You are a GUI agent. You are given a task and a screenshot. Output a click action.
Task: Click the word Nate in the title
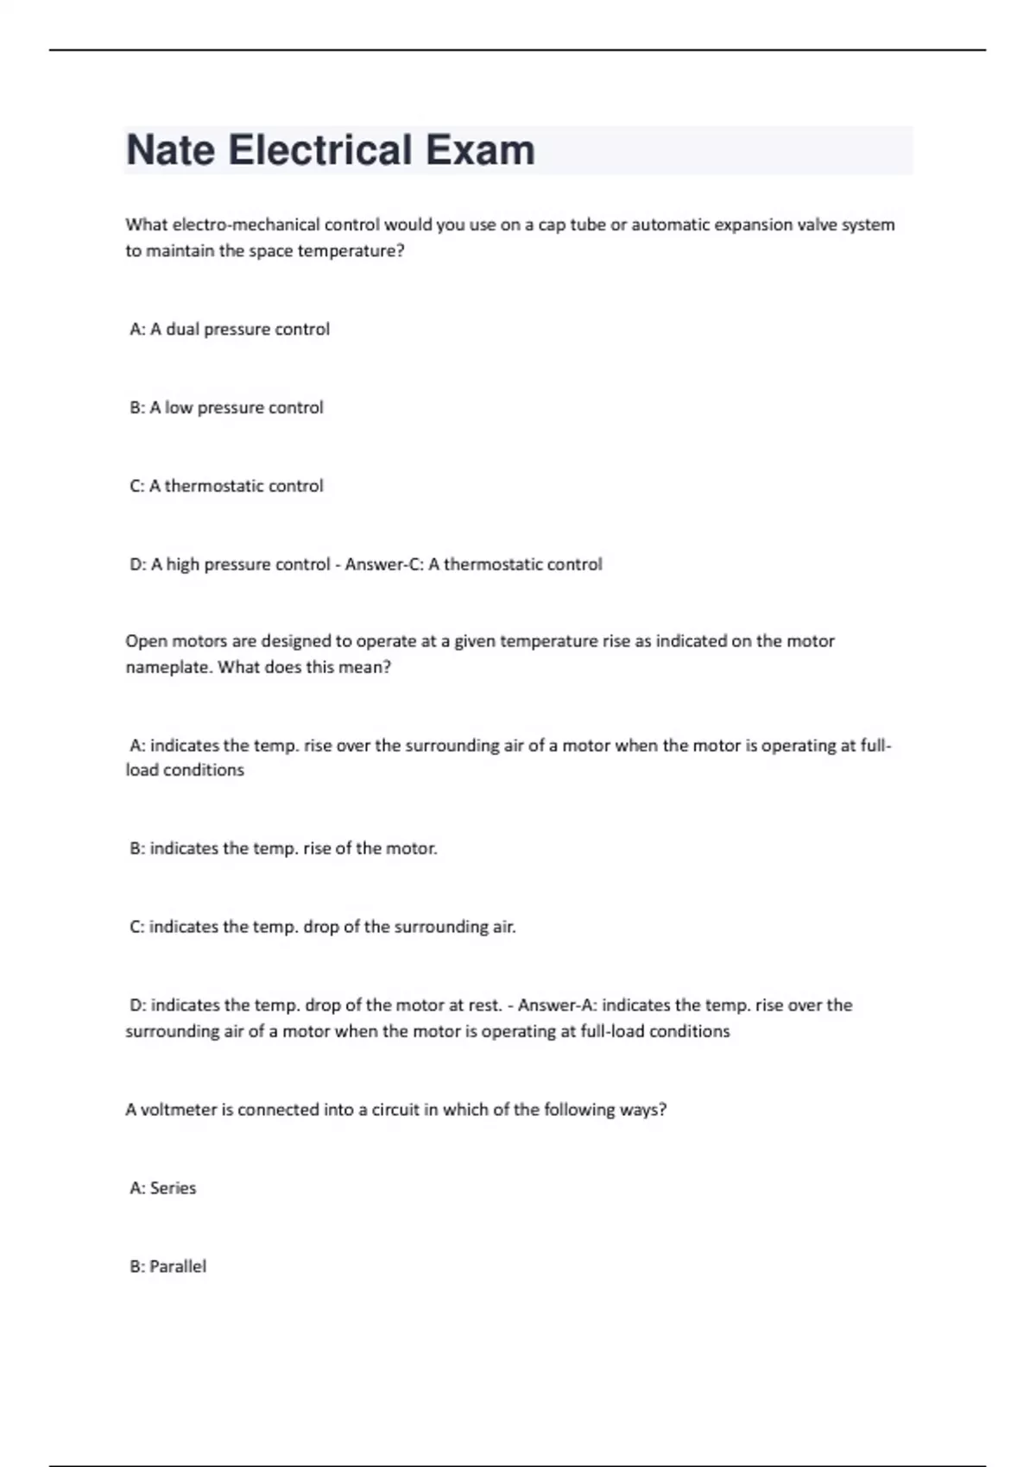click(x=170, y=150)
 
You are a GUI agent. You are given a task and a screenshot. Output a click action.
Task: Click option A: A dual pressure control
click(x=230, y=330)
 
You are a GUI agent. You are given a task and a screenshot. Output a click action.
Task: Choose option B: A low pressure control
click(x=226, y=408)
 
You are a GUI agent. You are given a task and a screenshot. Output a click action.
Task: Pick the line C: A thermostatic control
click(x=226, y=487)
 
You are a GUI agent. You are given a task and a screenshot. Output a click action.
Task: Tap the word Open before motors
click(x=145, y=642)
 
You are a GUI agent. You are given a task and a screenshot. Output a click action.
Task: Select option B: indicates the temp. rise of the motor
click(x=283, y=849)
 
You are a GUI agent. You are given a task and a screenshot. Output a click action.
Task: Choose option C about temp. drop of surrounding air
click(x=322, y=928)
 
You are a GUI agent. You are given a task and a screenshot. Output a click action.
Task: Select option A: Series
click(x=163, y=1189)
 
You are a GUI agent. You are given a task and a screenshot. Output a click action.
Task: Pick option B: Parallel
click(x=168, y=1268)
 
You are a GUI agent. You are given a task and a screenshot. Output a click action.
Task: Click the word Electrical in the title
click(x=319, y=150)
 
